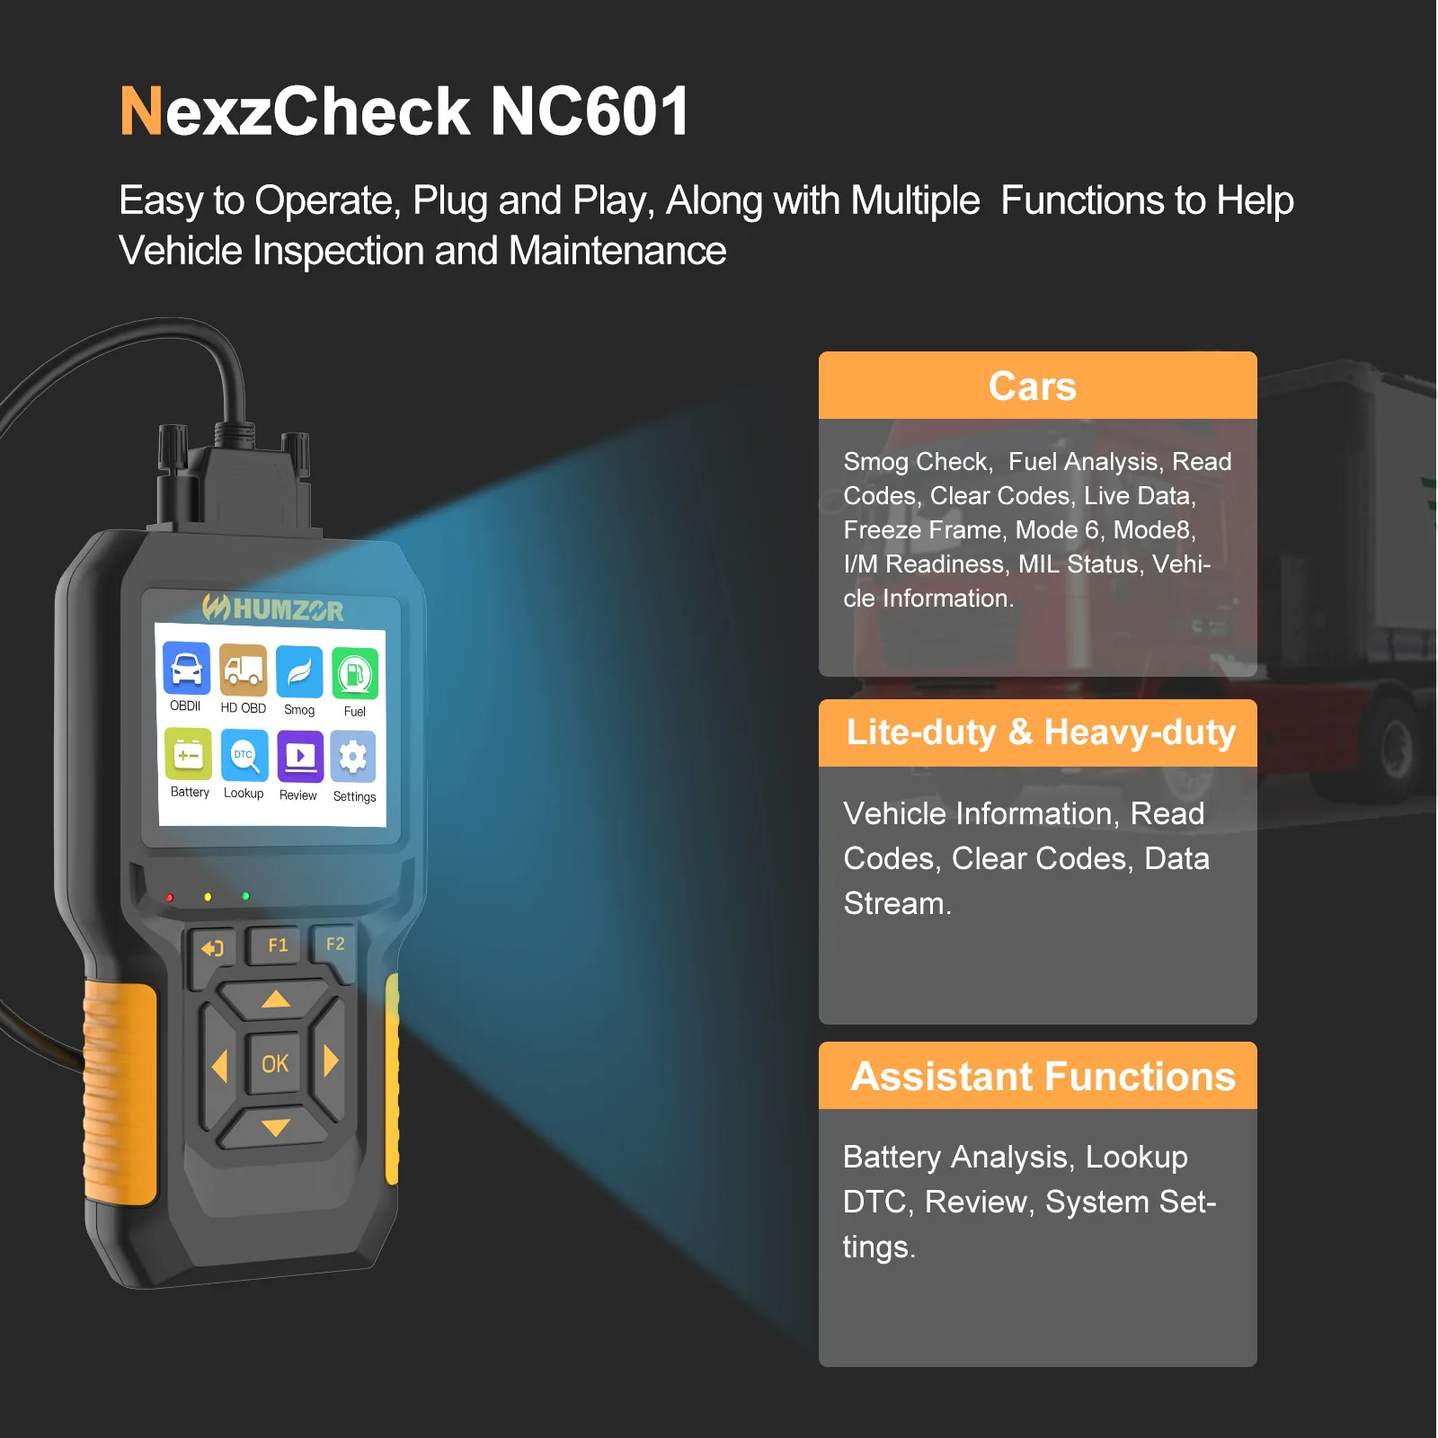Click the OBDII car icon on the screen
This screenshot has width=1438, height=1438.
(x=187, y=669)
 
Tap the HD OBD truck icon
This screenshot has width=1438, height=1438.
(x=244, y=670)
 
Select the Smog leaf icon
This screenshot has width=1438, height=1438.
(x=299, y=672)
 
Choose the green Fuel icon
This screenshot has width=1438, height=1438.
(x=355, y=674)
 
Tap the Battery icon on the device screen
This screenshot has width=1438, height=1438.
(x=189, y=754)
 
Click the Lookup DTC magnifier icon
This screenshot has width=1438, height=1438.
(x=244, y=755)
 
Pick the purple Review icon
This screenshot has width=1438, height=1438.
(x=300, y=757)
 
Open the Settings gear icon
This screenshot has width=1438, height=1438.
(x=353, y=757)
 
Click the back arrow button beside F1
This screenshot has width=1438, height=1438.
(x=213, y=949)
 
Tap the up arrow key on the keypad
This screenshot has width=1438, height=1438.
(x=275, y=999)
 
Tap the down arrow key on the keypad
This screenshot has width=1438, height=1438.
(x=275, y=1127)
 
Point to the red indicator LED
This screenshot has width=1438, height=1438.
(x=170, y=898)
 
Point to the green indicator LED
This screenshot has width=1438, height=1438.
(x=246, y=896)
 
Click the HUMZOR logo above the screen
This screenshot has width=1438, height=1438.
(x=272, y=609)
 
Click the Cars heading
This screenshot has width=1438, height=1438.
(x=1033, y=386)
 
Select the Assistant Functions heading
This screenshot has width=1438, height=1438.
(x=1043, y=1077)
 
